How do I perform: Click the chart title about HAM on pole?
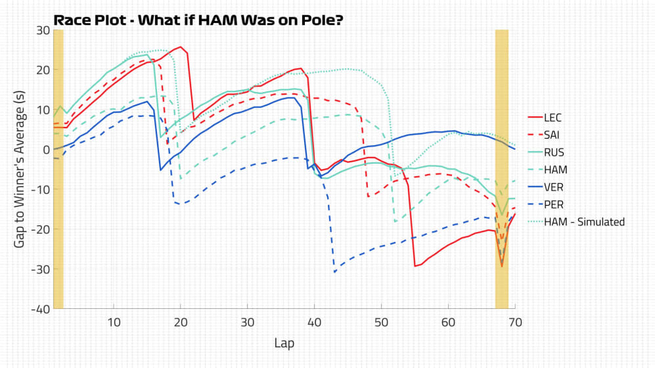pyautogui.click(x=197, y=20)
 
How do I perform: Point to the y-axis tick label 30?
pyautogui.click(x=43, y=30)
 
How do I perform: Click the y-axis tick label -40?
pyautogui.click(x=41, y=309)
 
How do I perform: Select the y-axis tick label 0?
pyautogui.click(x=46, y=149)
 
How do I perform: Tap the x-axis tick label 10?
pyautogui.click(x=114, y=322)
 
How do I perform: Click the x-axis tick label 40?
pyautogui.click(x=314, y=322)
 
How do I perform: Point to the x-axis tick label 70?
pyautogui.click(x=514, y=322)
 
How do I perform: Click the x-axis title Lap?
pyautogui.click(x=284, y=343)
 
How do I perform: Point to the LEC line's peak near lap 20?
pyautogui.click(x=180, y=47)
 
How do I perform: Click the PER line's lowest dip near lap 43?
pyautogui.click(x=334, y=271)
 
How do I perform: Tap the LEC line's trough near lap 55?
pyautogui.click(x=415, y=265)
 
